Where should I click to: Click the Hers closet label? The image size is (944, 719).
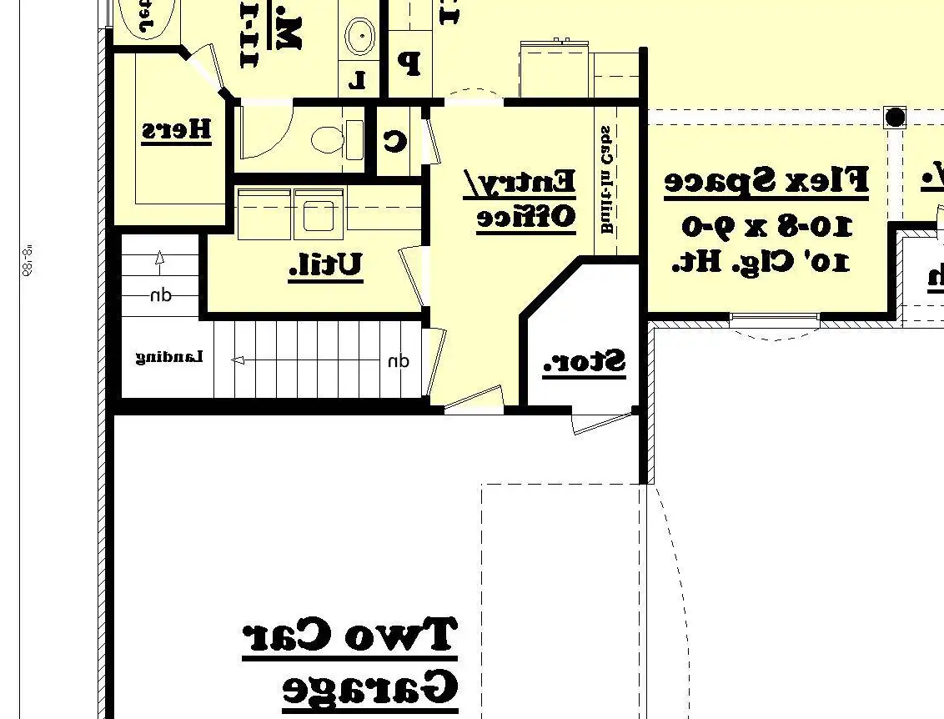point(176,130)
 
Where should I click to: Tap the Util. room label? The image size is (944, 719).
point(325,265)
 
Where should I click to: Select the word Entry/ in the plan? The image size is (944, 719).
point(520,182)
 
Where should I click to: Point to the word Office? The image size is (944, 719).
point(525,217)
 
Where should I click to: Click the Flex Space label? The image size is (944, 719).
point(766,181)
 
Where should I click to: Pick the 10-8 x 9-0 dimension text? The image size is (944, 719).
point(767,225)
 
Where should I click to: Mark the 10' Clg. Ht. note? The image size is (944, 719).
point(761,261)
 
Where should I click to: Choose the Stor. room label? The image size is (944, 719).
point(584,363)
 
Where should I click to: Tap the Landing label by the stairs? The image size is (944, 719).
point(169,357)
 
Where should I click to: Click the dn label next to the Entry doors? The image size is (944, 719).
point(399,361)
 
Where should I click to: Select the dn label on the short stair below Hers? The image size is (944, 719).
point(161,295)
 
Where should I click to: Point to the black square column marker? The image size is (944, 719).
point(895,118)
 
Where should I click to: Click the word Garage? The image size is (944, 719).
point(370,689)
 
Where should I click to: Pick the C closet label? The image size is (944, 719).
point(394,140)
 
